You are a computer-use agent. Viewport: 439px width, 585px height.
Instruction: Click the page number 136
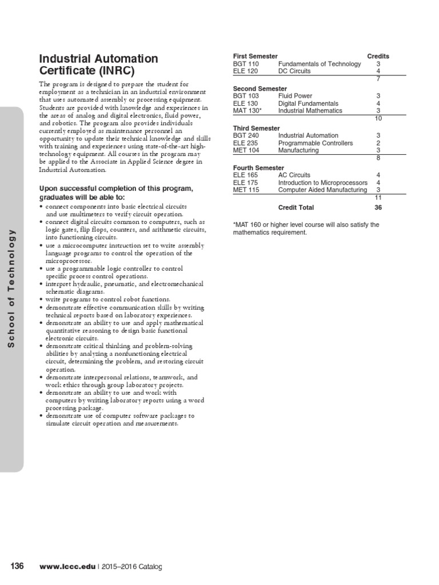pos(17,566)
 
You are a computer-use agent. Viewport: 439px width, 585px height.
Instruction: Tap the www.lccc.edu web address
pos(67,567)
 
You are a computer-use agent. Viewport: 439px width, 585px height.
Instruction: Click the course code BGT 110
pos(246,64)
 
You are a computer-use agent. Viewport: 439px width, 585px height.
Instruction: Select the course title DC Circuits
pos(294,71)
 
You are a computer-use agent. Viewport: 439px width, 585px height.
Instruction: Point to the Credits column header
pos(378,57)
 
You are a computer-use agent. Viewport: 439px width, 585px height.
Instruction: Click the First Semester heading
pos(255,57)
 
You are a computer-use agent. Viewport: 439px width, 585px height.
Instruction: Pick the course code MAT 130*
pos(248,111)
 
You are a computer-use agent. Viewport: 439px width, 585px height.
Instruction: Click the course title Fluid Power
pos(295,96)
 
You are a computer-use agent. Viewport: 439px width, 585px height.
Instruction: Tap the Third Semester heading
pos(256,129)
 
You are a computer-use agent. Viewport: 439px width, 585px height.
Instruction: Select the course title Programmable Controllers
pos(316,143)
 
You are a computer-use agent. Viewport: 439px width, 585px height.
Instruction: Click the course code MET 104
pos(246,150)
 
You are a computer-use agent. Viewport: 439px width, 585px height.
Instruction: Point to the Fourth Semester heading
pos(258,168)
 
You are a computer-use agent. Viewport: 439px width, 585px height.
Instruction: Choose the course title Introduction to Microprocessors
pos(323,183)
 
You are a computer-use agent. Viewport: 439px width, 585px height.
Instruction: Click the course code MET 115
pos(246,190)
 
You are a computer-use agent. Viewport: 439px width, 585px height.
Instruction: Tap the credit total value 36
pos(378,208)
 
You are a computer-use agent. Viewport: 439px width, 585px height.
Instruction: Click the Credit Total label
pos(296,208)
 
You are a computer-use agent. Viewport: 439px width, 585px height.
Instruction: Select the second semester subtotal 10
pos(378,118)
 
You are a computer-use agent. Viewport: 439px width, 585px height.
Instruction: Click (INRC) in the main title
pos(118,71)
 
